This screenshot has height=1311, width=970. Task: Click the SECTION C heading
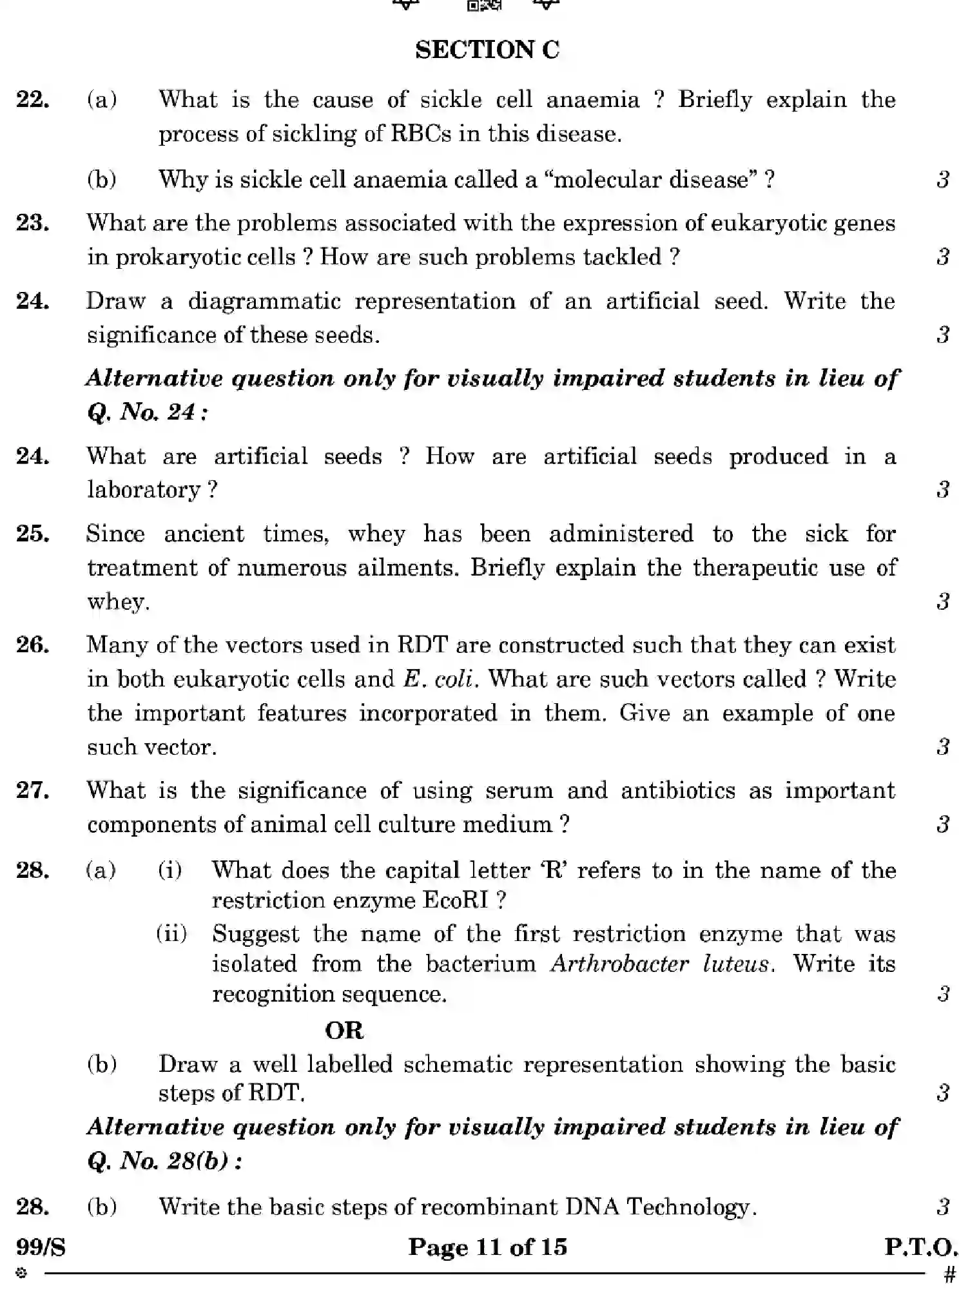click(487, 50)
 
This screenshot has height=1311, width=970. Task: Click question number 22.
click(33, 100)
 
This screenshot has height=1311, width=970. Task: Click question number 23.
click(33, 223)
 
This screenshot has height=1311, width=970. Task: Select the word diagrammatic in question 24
click(264, 301)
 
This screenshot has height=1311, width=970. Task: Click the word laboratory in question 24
click(144, 490)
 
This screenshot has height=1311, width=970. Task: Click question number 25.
click(33, 534)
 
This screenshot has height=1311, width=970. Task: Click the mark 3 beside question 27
click(943, 824)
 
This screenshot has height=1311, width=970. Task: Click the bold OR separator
click(344, 1031)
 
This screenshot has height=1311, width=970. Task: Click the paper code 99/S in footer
click(41, 1248)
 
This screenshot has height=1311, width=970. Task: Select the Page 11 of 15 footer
click(487, 1247)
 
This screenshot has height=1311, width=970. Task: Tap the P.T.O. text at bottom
click(920, 1247)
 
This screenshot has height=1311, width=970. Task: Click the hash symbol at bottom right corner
click(949, 1275)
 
